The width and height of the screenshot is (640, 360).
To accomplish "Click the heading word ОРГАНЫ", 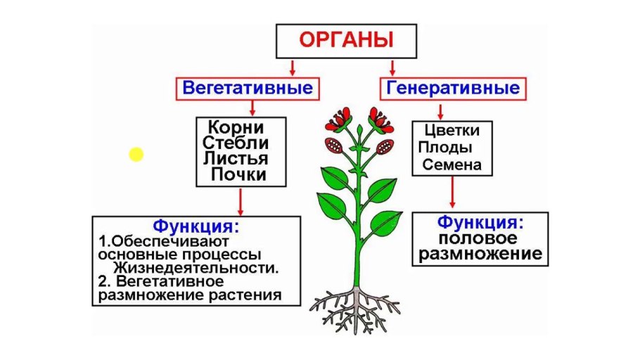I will pos(345,40).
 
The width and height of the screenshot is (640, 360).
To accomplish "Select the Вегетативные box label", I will pos(247,89).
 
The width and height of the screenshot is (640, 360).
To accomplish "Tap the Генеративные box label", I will pos(453,89).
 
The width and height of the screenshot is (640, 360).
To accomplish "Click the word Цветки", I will pos(452,131).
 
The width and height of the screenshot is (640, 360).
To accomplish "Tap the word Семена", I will pos(452,166).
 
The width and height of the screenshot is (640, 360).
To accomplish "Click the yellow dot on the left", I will pos(136,154).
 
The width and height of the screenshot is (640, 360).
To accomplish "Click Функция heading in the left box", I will pos(196,227).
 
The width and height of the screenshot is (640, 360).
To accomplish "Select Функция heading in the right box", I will pos(481,222).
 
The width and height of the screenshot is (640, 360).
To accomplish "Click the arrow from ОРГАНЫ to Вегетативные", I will pos(293,67).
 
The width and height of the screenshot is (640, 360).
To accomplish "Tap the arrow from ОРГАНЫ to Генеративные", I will pos(392,67).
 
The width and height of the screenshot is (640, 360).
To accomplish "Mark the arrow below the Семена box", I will pos(452,193).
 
